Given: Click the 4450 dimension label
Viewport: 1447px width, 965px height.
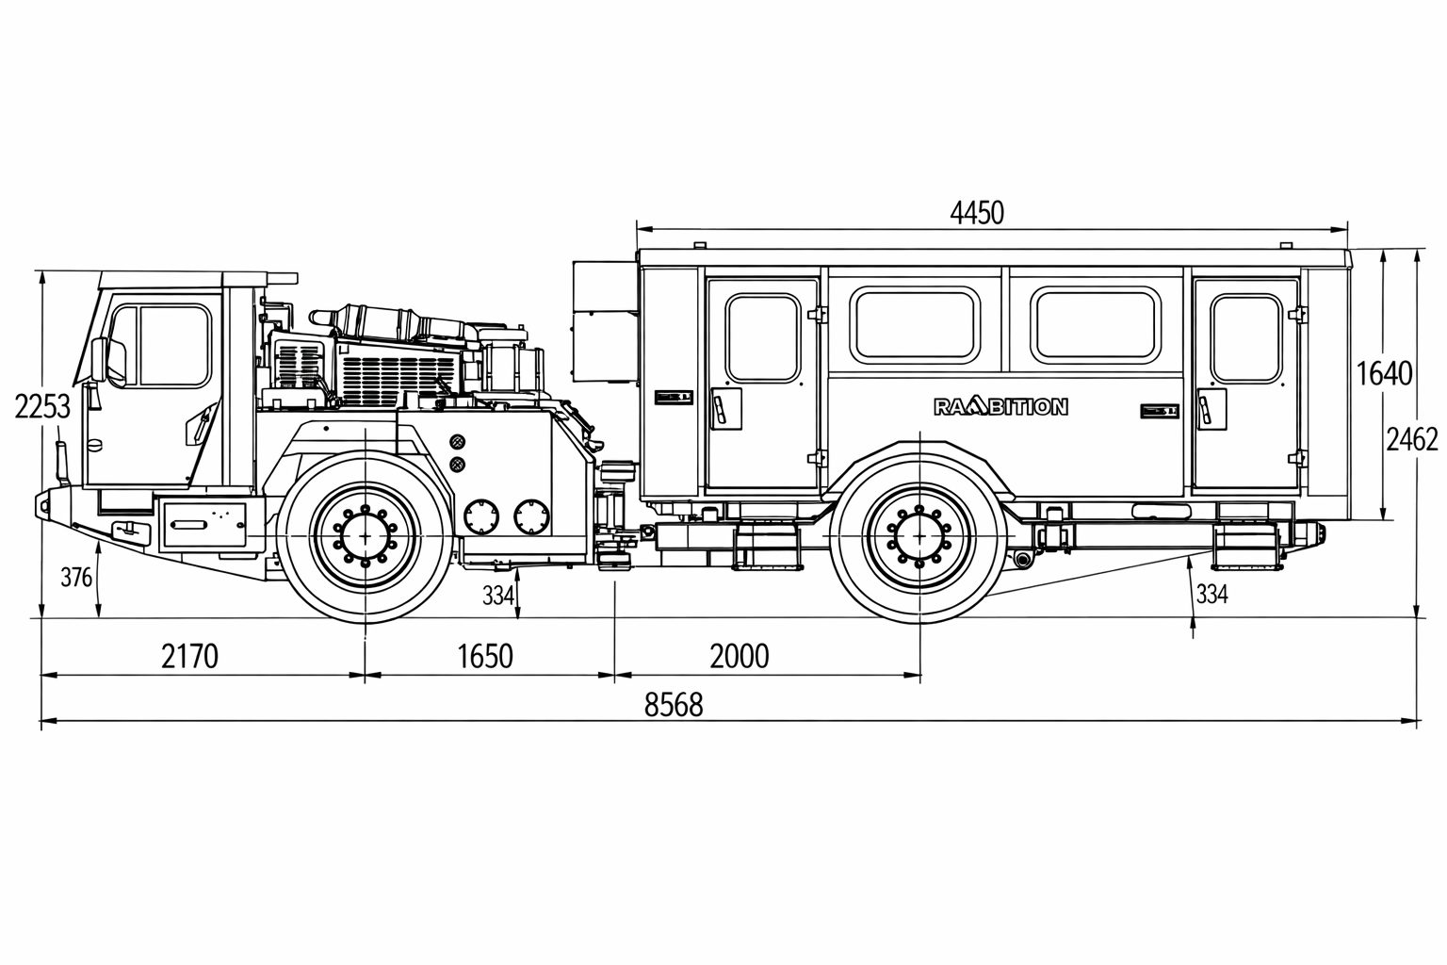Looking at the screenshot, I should (977, 213).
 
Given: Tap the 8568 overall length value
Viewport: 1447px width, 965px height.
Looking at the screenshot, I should (674, 704).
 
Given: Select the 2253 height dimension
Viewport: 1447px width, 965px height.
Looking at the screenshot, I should (42, 407).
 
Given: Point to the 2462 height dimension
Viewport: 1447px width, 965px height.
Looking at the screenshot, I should (1411, 438).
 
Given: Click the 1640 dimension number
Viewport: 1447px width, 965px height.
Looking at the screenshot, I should (1384, 373).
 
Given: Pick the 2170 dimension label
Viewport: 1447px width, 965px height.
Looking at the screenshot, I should (189, 655).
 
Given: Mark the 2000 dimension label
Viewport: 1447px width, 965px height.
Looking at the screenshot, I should (740, 655).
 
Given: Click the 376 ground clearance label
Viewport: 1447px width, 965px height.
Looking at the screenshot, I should (76, 577).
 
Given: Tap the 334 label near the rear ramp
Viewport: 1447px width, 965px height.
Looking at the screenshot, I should (1211, 594).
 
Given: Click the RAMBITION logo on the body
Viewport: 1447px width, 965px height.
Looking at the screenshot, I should (1000, 407).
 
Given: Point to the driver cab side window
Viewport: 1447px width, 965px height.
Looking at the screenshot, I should (174, 345).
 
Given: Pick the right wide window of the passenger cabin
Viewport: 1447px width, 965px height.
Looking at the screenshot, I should (1094, 326).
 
